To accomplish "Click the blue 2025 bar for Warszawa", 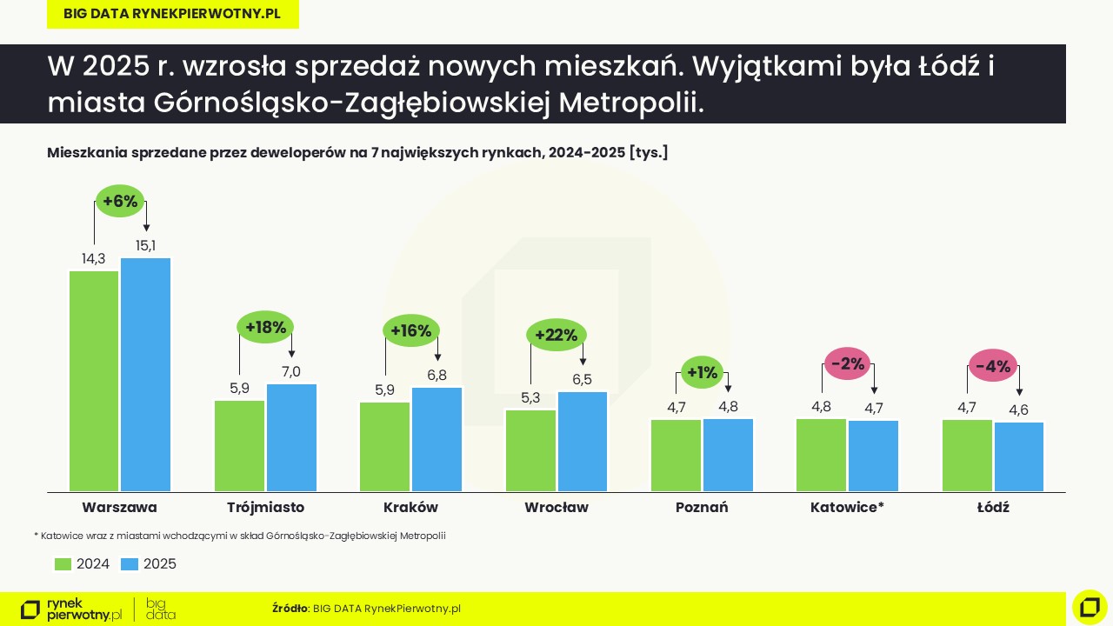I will (145, 375).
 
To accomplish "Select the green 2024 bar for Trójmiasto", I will (240, 446).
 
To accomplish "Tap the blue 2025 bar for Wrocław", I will (583, 442).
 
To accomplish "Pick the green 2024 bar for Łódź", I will (967, 456).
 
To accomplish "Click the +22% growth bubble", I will (556, 336).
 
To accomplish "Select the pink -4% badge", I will (993, 367).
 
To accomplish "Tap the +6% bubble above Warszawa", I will (120, 202).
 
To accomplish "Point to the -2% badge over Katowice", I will (848, 363).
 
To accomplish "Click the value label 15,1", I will (145, 246).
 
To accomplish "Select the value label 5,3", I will (530, 398).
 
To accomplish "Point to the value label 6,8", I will (437, 376).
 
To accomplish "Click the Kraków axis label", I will (410, 508).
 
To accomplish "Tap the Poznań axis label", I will (702, 508).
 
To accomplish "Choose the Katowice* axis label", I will (847, 508).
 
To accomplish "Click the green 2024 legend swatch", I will (63, 564).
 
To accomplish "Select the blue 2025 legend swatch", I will (130, 564).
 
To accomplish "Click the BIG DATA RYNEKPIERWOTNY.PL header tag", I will (172, 15).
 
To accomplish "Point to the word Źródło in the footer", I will (290, 609).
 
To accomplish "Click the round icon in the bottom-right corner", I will (1090, 607).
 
